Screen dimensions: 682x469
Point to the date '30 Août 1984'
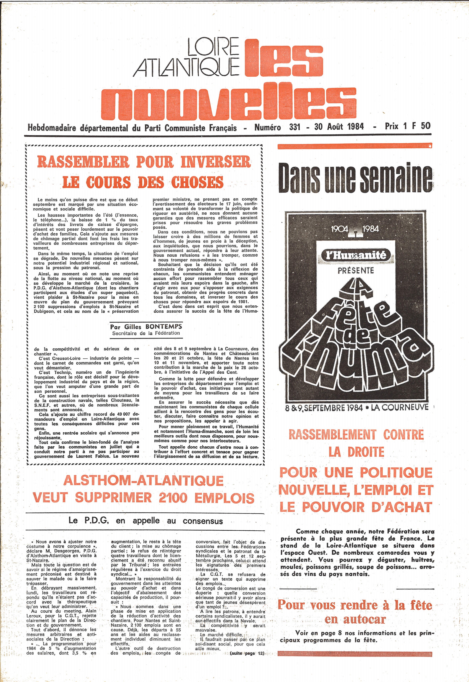click(x=339, y=127)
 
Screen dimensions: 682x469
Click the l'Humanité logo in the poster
click(x=355, y=255)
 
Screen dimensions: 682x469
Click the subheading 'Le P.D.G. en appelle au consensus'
click(x=146, y=521)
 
